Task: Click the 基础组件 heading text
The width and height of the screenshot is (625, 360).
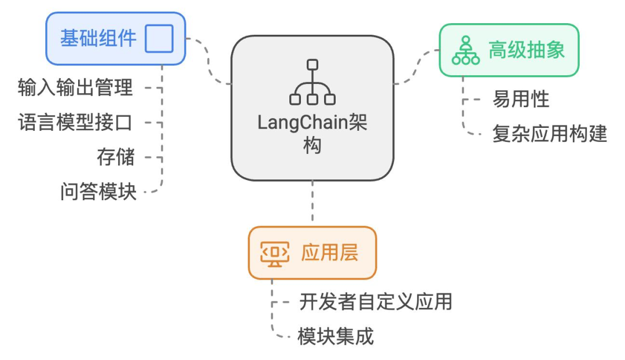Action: (98, 38)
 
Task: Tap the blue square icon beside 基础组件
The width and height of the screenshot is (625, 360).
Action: (159, 39)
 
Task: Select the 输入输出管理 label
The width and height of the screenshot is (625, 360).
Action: (76, 87)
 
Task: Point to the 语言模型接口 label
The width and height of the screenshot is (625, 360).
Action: (76, 122)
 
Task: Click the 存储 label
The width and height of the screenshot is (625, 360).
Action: (115, 157)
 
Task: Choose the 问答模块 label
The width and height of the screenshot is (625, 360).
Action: (98, 192)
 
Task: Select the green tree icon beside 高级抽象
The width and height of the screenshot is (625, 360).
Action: (466, 50)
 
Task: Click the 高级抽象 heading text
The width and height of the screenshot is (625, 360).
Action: (526, 50)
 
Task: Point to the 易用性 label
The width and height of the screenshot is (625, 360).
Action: (520, 100)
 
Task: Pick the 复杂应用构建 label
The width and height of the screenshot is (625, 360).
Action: (549, 134)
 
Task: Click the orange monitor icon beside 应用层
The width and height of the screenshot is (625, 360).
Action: (275, 253)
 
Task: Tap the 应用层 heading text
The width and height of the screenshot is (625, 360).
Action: (329, 253)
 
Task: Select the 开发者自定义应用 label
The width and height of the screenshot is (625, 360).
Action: (376, 302)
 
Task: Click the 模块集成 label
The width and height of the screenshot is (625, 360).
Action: (336, 336)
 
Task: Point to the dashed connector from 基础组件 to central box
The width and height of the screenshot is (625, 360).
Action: (209, 61)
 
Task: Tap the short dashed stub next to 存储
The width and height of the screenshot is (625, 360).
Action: (152, 157)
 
